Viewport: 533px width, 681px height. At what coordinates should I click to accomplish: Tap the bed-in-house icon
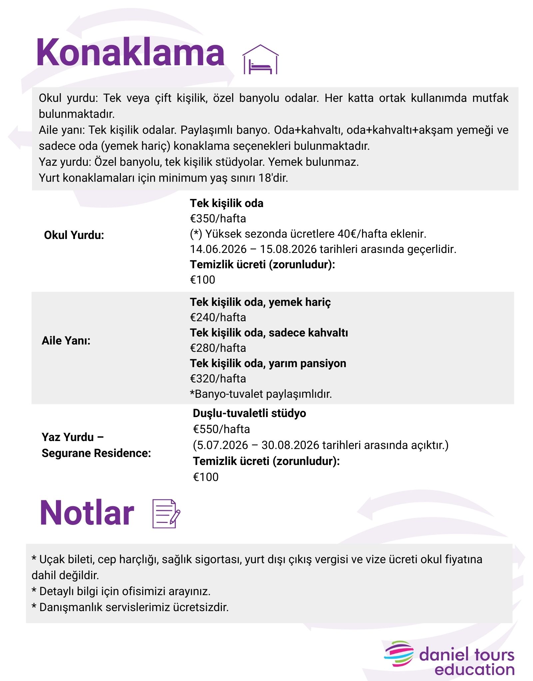click(260, 60)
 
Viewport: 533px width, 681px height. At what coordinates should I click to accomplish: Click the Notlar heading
click(87, 513)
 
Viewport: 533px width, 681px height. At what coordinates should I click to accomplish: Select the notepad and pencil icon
click(166, 513)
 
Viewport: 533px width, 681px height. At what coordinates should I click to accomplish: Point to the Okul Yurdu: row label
click(74, 235)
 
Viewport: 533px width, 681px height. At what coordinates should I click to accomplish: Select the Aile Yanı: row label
click(66, 340)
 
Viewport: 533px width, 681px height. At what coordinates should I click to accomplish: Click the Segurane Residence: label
click(96, 453)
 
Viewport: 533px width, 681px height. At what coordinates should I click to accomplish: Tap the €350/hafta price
click(218, 218)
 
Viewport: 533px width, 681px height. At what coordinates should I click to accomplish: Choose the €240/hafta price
click(218, 317)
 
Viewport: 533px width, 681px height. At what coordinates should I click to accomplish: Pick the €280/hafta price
click(218, 348)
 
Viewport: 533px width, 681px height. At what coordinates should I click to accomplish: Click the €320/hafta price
click(218, 378)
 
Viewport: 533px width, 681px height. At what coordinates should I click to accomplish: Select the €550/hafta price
click(221, 429)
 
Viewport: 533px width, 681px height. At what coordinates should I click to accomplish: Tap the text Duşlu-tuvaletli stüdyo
click(249, 413)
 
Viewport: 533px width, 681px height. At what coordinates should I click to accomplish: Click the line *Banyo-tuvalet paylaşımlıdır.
click(261, 394)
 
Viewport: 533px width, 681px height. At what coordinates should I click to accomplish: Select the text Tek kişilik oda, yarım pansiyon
click(268, 363)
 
